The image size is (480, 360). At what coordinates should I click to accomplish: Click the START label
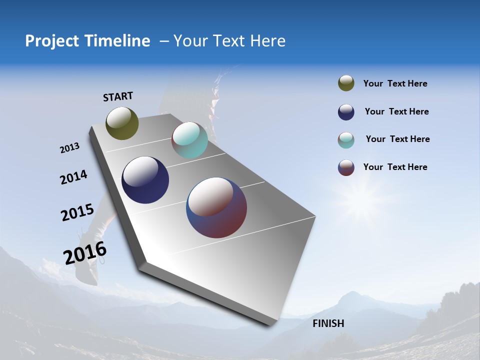click(118, 96)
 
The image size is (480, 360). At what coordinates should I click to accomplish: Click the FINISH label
click(328, 323)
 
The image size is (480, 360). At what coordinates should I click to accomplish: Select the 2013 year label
click(69, 148)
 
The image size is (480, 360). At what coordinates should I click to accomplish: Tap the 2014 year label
click(73, 177)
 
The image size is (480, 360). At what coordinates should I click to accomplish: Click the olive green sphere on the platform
click(122, 123)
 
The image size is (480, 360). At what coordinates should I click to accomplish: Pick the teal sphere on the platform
click(189, 140)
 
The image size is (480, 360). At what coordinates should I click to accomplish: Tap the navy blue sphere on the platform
click(145, 180)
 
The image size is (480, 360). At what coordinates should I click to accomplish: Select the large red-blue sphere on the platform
click(216, 207)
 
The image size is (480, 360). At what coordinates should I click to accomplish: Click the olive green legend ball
click(346, 83)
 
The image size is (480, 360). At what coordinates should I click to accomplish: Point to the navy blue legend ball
click(346, 112)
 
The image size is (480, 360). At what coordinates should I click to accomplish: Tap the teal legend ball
click(346, 140)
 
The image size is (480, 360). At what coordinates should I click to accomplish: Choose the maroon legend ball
click(346, 167)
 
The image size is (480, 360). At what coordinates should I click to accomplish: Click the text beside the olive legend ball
click(395, 83)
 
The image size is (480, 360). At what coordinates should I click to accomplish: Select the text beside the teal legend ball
click(397, 139)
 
